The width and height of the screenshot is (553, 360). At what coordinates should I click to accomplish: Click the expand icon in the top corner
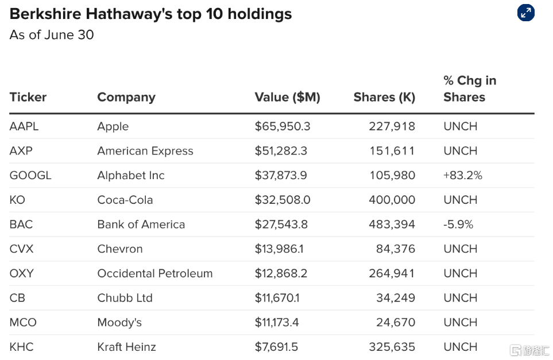coord(525,13)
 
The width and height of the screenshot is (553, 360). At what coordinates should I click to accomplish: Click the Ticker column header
coord(28,97)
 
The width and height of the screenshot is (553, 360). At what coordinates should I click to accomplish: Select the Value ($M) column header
coord(288,97)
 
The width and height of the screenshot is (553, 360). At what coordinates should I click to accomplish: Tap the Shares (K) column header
coord(384,97)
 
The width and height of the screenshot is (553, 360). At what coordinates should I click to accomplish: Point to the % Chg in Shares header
coord(470,88)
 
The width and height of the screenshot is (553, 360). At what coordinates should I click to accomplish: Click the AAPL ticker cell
coord(24,126)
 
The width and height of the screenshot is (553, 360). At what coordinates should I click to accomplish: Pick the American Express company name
coord(145,151)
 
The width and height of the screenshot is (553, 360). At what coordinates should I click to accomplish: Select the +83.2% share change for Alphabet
coord(463,175)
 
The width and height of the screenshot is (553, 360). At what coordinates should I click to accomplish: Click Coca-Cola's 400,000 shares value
coord(392,200)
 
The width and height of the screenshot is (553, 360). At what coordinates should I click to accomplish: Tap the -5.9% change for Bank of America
coord(458,224)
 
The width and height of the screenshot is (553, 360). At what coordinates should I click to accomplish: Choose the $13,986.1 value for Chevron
coord(279,249)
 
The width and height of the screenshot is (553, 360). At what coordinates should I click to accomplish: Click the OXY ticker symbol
coord(21,273)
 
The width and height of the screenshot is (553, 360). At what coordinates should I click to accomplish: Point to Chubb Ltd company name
coord(125,298)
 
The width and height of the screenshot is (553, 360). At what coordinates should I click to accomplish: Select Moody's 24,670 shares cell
coord(396,322)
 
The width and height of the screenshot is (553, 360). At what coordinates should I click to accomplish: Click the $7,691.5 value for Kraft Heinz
coord(277,347)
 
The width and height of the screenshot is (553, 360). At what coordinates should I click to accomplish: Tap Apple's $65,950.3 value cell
coord(283,126)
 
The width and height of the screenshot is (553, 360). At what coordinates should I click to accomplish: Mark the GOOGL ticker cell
coord(30,175)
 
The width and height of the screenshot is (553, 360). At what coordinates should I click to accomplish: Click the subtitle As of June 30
coord(52,35)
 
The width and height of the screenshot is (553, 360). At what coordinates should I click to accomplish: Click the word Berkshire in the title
coord(45,14)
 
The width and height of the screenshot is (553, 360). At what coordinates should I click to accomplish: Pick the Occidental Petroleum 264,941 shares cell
coord(392,273)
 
